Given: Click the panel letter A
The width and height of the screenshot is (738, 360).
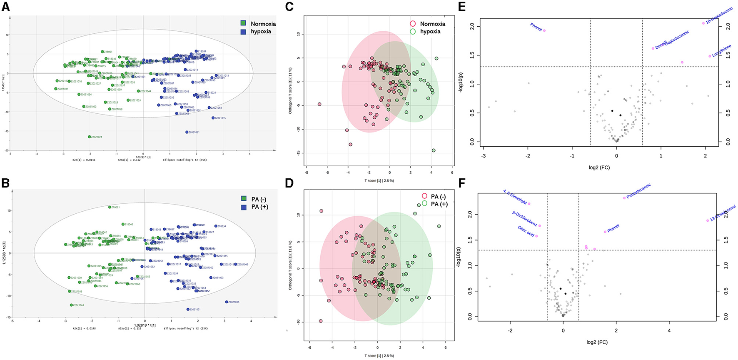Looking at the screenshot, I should point(5,8).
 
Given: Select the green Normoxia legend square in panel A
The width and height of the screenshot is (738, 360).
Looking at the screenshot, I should point(243,24).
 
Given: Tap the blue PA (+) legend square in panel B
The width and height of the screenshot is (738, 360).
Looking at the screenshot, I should point(244,207).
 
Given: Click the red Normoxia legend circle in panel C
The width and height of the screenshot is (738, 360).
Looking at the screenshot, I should point(413,24).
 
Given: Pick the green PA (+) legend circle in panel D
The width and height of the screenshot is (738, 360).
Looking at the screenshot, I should point(424,204).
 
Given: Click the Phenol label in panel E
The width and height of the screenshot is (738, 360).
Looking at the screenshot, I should point(536,27).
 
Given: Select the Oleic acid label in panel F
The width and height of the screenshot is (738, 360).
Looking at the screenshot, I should point(526,231).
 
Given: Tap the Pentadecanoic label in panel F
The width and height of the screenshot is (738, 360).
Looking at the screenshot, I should point(638,191).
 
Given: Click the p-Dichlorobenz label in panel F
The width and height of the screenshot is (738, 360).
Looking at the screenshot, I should point(524,218).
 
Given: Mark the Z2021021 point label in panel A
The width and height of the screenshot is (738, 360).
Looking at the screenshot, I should point(96,137).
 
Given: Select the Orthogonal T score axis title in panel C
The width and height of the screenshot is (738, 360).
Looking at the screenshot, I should point(291,90).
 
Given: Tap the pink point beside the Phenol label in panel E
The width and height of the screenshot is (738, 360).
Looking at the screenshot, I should point(544,30).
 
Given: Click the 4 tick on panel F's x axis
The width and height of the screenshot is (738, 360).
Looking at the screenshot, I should point(669,330).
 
